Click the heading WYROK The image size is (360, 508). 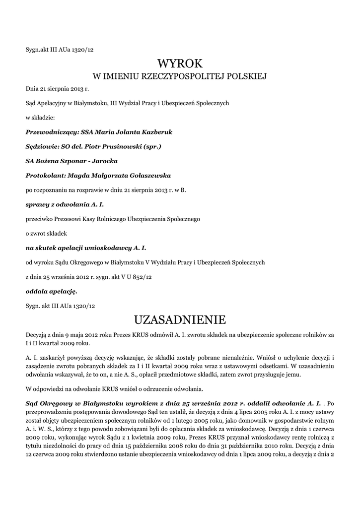pyautogui.click(x=180, y=63)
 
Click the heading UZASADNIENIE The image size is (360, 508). pyautogui.click(x=180, y=318)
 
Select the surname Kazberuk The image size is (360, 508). pyautogui.click(x=157, y=132)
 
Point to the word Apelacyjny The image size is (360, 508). pyautogui.click(x=53, y=103)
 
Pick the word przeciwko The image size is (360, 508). pyautogui.click(x=39, y=218)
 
